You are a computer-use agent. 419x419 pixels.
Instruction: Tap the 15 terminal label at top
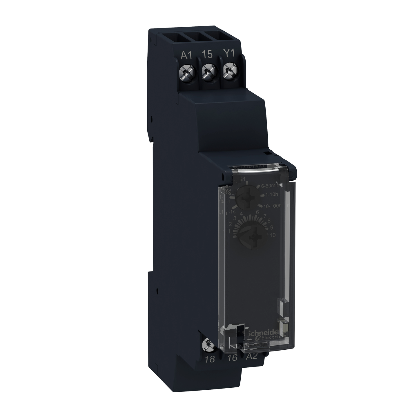[x=208, y=54]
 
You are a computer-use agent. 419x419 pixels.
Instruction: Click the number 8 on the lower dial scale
[x=269, y=220]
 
